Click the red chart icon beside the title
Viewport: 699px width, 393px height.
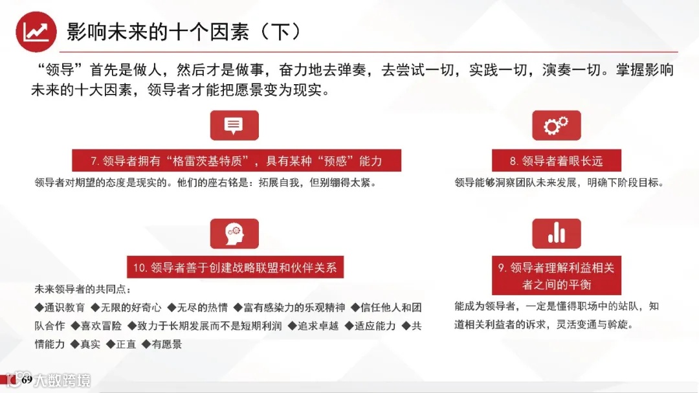tap(36, 32)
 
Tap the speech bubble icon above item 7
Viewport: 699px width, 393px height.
tap(234, 126)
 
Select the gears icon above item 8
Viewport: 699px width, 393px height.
tap(556, 126)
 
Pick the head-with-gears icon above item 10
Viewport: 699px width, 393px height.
tap(234, 234)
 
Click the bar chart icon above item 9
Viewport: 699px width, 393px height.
tap(556, 234)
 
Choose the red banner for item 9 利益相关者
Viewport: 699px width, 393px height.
tap(556, 276)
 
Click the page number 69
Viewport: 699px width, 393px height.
tap(27, 379)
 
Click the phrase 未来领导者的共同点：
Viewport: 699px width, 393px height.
tap(82, 288)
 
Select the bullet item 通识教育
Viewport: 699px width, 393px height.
tap(64, 307)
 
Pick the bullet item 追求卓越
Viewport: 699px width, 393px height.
tap(315, 326)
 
